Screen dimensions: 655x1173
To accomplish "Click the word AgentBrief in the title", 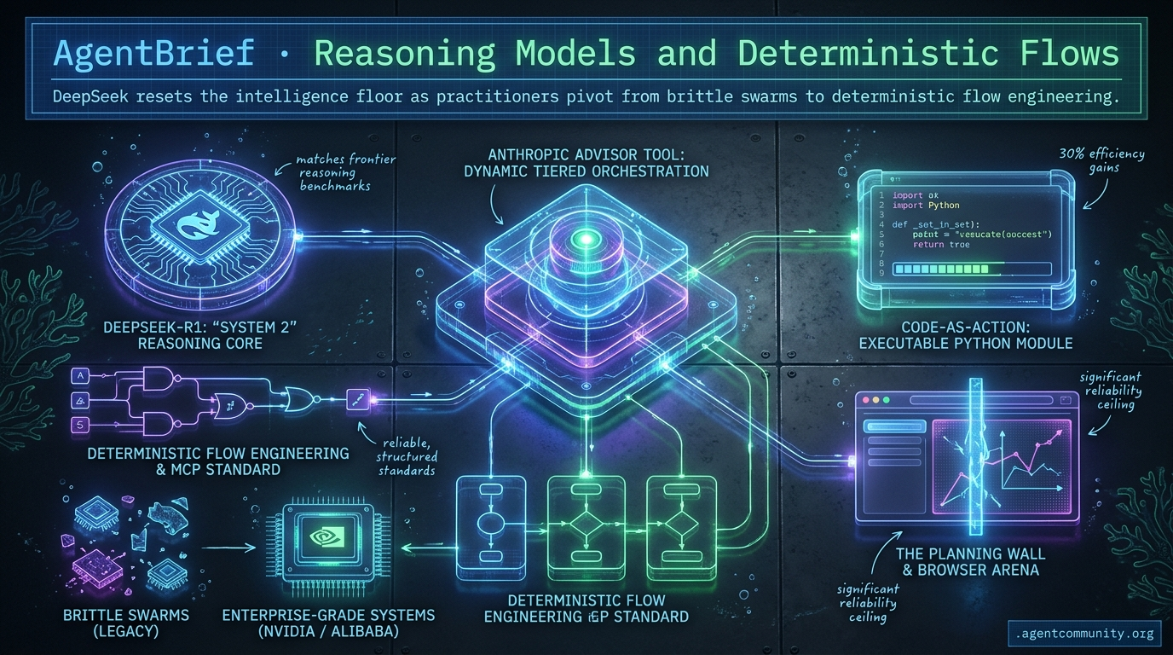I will (x=153, y=53).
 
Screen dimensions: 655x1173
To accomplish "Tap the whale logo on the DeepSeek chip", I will (x=202, y=227).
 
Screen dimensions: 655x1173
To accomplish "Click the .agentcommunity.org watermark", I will (x=1085, y=633).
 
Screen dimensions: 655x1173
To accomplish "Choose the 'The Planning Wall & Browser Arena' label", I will (x=970, y=561).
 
